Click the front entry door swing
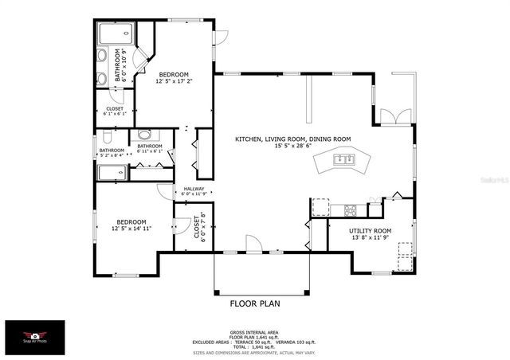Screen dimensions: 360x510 click(x=252, y=244)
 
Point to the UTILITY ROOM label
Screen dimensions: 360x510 click(x=371, y=230)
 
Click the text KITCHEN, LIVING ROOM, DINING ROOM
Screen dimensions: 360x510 click(x=292, y=139)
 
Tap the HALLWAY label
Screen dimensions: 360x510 click(x=194, y=189)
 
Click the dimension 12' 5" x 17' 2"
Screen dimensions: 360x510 click(x=174, y=80)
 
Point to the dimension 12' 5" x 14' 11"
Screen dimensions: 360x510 click(x=131, y=229)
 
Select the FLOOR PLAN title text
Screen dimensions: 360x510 click(x=255, y=303)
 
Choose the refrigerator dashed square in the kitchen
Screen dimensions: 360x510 click(x=320, y=208)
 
